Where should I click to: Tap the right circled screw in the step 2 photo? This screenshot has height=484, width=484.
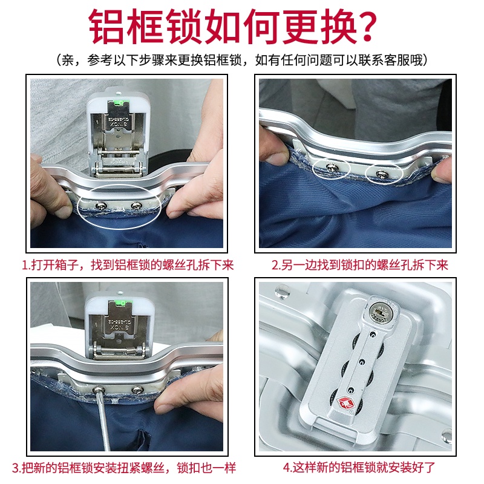(382, 173)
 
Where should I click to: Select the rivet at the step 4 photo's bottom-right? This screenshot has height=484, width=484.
(446, 433)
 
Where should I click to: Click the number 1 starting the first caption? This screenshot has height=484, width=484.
(25, 264)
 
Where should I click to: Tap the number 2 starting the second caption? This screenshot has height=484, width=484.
(274, 264)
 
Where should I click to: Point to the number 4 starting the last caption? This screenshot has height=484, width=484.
(286, 467)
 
